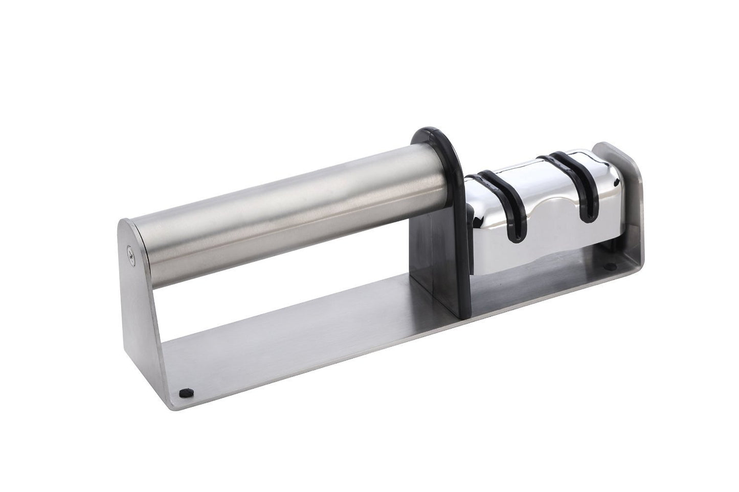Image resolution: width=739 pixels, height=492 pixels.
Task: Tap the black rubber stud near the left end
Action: (185, 393)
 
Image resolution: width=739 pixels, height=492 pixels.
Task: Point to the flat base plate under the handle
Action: (307, 347)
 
